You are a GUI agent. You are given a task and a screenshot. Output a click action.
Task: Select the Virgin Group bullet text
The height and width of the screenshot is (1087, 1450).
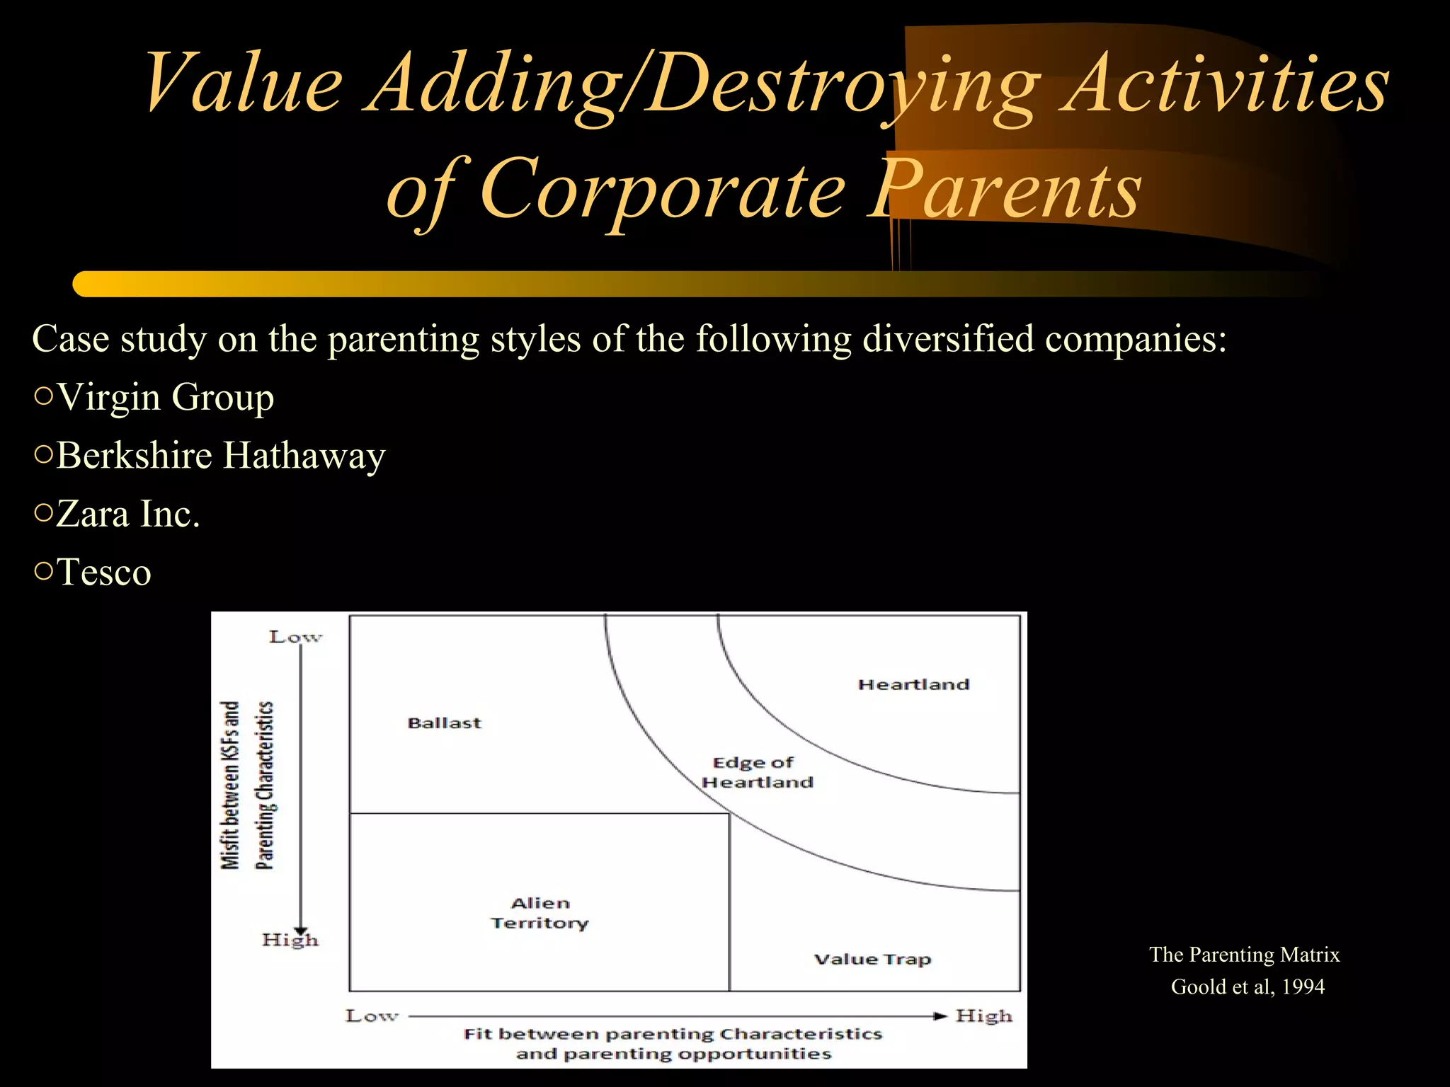(x=165, y=397)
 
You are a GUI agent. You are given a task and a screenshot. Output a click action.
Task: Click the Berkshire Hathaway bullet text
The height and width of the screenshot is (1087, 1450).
(x=220, y=455)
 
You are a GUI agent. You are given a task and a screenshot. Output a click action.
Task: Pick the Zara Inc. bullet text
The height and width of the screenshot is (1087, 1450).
(x=127, y=514)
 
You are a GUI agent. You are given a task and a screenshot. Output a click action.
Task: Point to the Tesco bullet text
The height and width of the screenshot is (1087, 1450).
(x=103, y=572)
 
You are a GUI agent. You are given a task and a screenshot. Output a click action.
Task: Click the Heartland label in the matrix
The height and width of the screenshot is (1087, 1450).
(x=913, y=684)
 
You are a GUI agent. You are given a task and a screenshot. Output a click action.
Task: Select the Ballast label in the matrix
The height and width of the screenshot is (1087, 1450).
(x=444, y=723)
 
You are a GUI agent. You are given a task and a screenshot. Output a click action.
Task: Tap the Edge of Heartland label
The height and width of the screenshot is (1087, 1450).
(x=756, y=772)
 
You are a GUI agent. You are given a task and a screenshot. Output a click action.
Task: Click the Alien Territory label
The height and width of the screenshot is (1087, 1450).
(x=540, y=913)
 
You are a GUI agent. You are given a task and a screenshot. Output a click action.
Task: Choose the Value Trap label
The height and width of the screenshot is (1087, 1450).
(x=872, y=959)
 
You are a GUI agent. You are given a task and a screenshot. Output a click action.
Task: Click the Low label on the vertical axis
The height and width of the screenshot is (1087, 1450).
(x=295, y=637)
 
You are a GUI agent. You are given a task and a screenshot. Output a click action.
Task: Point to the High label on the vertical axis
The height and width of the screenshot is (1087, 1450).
(x=290, y=940)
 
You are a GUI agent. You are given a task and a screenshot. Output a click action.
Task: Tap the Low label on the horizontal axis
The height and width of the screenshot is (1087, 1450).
(x=371, y=1016)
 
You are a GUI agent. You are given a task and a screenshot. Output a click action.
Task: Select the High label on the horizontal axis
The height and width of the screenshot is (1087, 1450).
(x=983, y=1016)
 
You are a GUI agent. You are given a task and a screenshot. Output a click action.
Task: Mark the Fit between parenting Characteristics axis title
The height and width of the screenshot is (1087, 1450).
(x=673, y=1043)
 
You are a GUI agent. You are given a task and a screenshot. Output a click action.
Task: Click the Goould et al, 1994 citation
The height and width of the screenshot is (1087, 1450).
(x=1247, y=987)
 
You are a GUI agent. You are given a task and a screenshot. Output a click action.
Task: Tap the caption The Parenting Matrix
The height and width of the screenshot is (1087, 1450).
(x=1244, y=955)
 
